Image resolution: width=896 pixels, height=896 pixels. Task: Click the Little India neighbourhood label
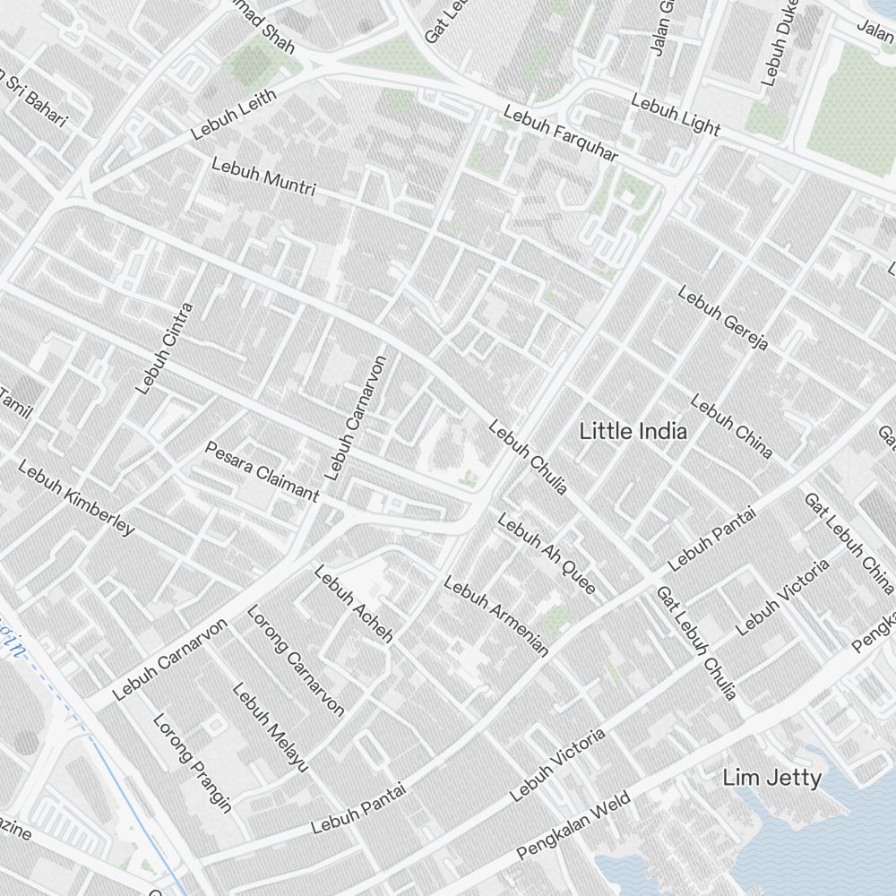[633, 431]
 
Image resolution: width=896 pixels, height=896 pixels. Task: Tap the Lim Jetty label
[771, 778]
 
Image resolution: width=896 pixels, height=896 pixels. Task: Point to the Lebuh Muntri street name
[263, 177]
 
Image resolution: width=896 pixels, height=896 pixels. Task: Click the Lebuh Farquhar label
[560, 134]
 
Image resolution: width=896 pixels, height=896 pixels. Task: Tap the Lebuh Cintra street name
[164, 349]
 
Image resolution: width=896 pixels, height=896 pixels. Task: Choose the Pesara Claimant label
[262, 470]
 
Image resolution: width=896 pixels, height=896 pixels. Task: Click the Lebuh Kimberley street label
[76, 497]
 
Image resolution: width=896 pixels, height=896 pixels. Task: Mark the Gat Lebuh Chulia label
[696, 642]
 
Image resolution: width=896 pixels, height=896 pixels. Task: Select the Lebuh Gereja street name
[723, 318]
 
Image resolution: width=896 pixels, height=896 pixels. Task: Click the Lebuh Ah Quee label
[547, 553]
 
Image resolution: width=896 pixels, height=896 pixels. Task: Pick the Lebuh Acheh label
[354, 605]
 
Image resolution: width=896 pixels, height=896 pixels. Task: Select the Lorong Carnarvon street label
[296, 661]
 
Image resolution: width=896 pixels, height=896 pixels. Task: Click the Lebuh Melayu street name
[271, 728]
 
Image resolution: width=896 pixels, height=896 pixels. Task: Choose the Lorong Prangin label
[192, 762]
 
